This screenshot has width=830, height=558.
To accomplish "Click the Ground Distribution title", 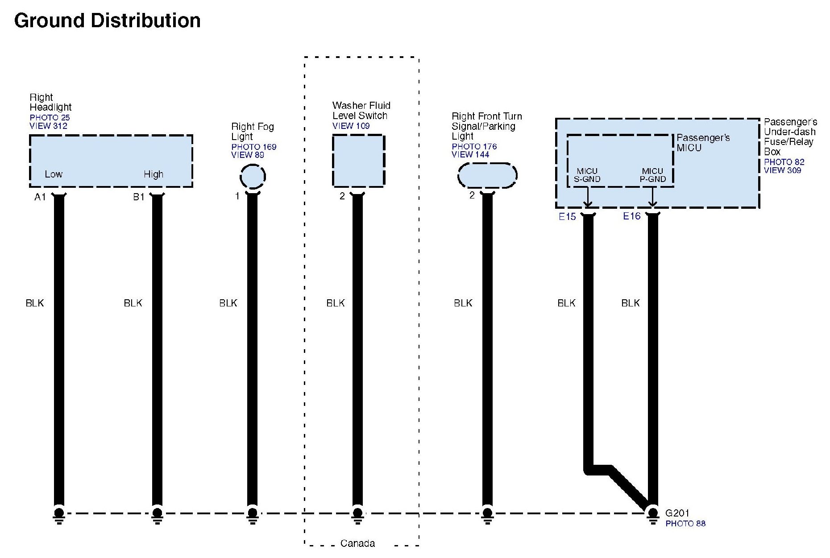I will point(107,21).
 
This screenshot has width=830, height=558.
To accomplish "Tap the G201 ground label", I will point(677,513).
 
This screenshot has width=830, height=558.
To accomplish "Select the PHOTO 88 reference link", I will point(685,523).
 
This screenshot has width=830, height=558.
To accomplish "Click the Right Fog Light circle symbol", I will point(253,176).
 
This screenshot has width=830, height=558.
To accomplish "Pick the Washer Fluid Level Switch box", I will point(358,161).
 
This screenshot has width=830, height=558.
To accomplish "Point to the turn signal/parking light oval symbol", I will point(487,175).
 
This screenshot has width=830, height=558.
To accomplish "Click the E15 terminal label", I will point(567,217).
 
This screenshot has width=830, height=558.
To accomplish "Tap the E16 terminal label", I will point(631,216).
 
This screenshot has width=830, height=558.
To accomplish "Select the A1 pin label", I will point(40,197).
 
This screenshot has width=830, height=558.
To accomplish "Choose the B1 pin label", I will point(139,197).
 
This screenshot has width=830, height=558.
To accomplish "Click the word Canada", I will point(357,543).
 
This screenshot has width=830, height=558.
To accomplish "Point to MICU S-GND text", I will point(587,175).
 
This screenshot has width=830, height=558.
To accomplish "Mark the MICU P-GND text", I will point(652,175).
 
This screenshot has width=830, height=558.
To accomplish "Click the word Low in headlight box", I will point(54,174).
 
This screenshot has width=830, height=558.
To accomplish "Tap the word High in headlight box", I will point(154,174).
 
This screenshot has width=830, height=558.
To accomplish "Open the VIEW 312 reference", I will point(48,126).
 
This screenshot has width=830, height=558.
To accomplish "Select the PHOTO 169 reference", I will point(253,147).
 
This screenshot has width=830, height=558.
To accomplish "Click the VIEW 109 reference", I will point(351,126).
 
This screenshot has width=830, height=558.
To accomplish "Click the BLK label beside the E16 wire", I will point(630,303).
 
